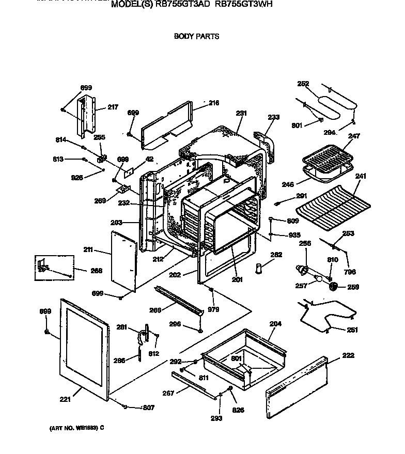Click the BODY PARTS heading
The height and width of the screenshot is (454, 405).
tap(196, 36)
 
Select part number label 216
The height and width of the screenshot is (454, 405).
tap(214, 103)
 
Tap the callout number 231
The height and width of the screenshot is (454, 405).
tap(241, 113)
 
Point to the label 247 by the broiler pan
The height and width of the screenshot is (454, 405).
tap(353, 136)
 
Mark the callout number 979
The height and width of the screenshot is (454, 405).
tap(213, 309)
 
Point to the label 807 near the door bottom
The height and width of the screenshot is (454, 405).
tap(148, 408)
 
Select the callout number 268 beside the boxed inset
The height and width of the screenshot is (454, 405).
tap(96, 270)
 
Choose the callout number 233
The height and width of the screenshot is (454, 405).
tap(273, 117)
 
